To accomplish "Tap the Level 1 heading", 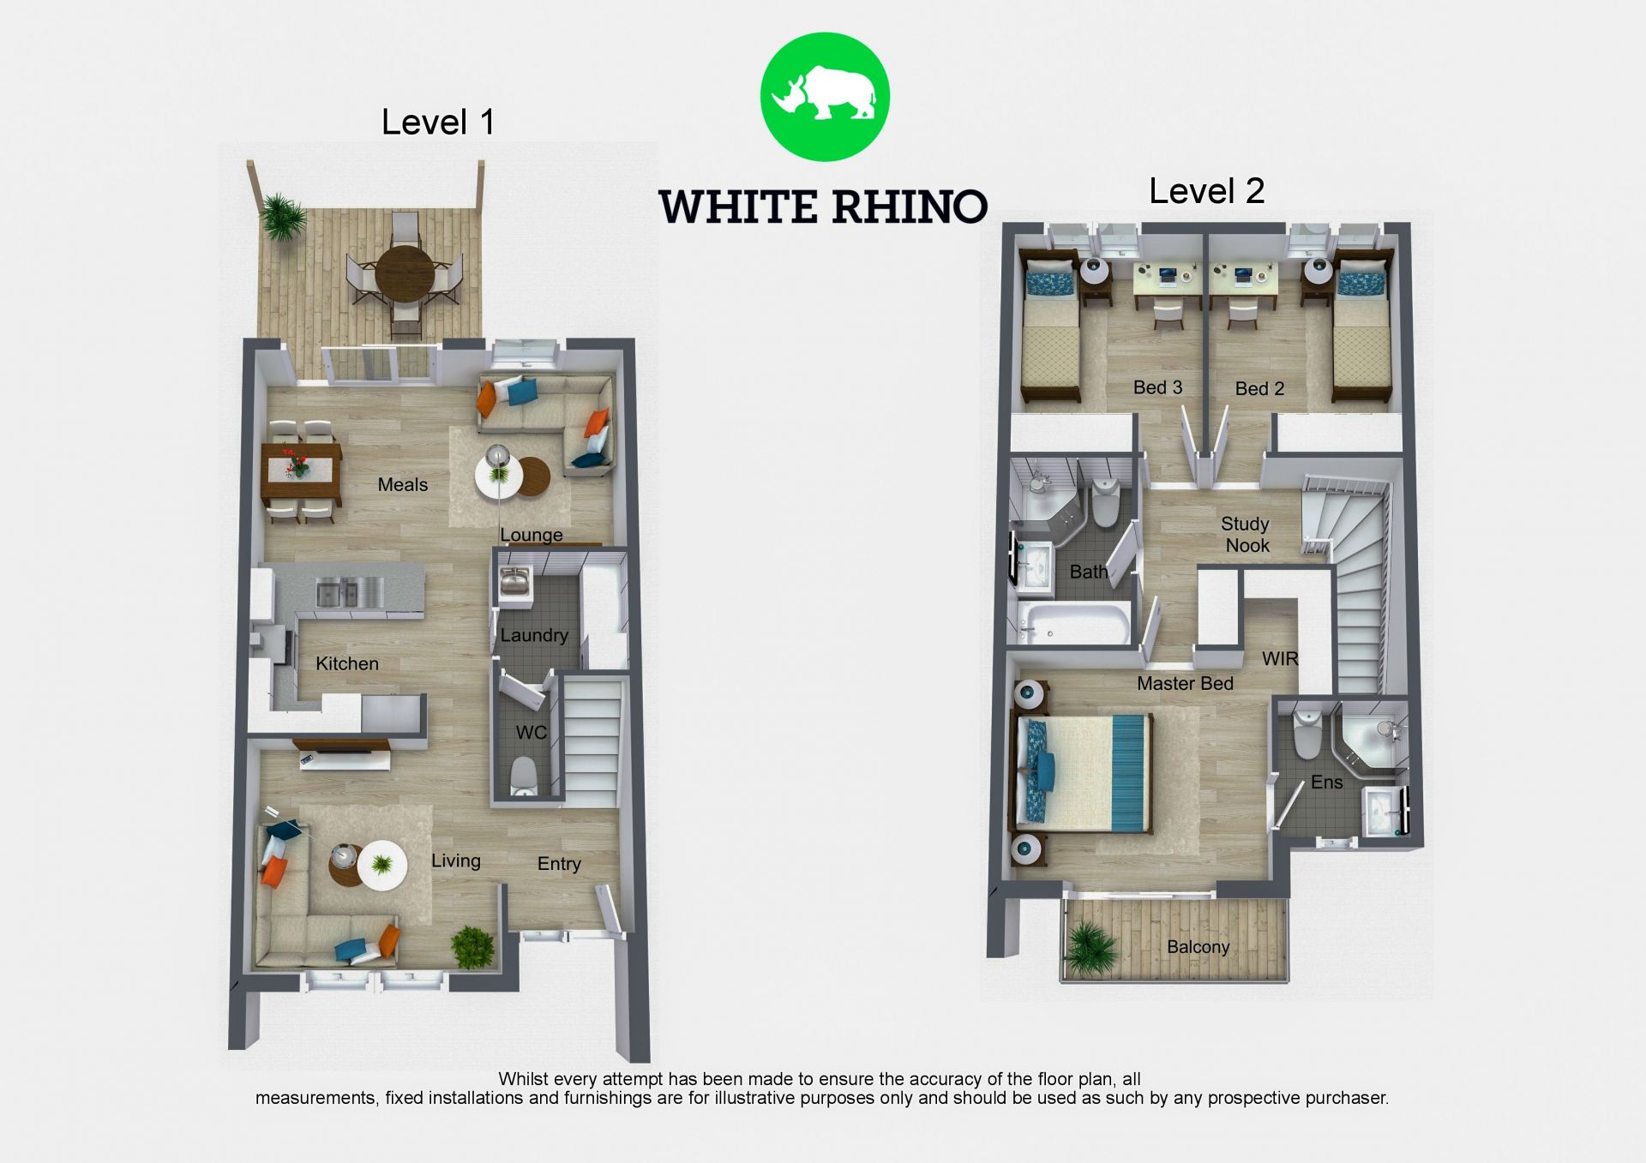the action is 438,122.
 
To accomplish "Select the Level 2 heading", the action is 1206,191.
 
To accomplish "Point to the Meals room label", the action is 402,484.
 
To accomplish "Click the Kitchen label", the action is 346,663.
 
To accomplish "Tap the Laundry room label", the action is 534,635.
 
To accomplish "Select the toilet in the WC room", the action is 523,776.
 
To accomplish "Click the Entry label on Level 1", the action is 559,864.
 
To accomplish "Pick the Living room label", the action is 455,860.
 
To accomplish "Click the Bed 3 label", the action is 1157,387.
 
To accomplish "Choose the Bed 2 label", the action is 1259,388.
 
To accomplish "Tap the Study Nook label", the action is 1246,534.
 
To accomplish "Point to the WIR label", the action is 1280,658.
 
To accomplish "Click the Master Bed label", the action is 1185,683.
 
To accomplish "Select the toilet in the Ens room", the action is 1307,734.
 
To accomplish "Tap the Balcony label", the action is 1198,946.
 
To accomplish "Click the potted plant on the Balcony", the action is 1090,949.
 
